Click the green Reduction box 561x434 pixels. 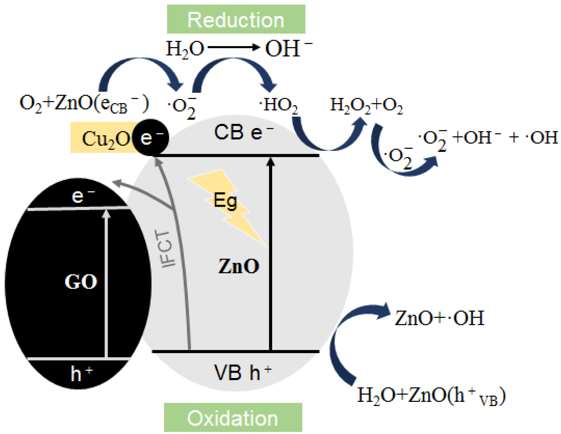236,19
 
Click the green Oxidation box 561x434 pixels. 233,417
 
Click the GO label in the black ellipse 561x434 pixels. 81,282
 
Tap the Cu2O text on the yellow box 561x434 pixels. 105,139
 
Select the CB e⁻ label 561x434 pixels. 243,132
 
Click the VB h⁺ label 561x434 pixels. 242,372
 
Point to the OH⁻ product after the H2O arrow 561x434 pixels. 288,48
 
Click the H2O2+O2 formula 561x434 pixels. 366,105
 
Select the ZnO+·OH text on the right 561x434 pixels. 439,318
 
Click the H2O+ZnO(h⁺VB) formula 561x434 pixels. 431,396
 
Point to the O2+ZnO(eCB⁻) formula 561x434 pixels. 84,104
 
